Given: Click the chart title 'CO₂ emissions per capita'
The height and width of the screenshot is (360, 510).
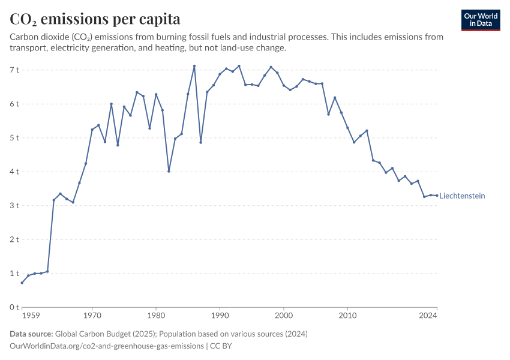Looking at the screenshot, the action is (x=95, y=19).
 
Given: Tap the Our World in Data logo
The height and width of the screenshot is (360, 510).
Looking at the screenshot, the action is (x=481, y=20).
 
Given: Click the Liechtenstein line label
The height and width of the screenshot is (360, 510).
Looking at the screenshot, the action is (x=462, y=196).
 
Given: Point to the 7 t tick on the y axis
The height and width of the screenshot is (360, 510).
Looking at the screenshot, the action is (x=14, y=70).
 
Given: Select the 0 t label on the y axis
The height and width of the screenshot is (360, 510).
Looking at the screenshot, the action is (x=14, y=307).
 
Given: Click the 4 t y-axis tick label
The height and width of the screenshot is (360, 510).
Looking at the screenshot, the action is (x=14, y=172).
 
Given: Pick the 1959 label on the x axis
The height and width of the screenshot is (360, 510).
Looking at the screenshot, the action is (x=31, y=315).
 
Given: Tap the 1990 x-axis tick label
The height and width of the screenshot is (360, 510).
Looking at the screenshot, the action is (x=220, y=315).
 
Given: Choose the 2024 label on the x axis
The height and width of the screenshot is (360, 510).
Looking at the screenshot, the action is (x=428, y=315).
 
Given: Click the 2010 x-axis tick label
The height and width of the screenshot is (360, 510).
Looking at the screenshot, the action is (x=347, y=315).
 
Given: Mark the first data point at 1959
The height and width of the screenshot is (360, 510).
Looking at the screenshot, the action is (x=22, y=283).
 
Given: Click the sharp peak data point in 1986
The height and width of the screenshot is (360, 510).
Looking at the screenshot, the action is (x=194, y=66).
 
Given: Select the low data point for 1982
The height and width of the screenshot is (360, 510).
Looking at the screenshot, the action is (x=169, y=171).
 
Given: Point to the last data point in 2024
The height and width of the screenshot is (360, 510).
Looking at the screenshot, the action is (x=437, y=196).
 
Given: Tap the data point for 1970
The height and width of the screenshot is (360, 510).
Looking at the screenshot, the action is (x=92, y=130).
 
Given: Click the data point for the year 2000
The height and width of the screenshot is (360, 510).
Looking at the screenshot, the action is (x=284, y=86).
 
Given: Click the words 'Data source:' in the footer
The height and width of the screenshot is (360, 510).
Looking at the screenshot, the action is (x=31, y=334).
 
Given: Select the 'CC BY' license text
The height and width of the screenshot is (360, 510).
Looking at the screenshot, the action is (x=221, y=346).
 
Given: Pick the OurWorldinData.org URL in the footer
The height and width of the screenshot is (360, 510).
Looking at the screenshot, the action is (x=107, y=346).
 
